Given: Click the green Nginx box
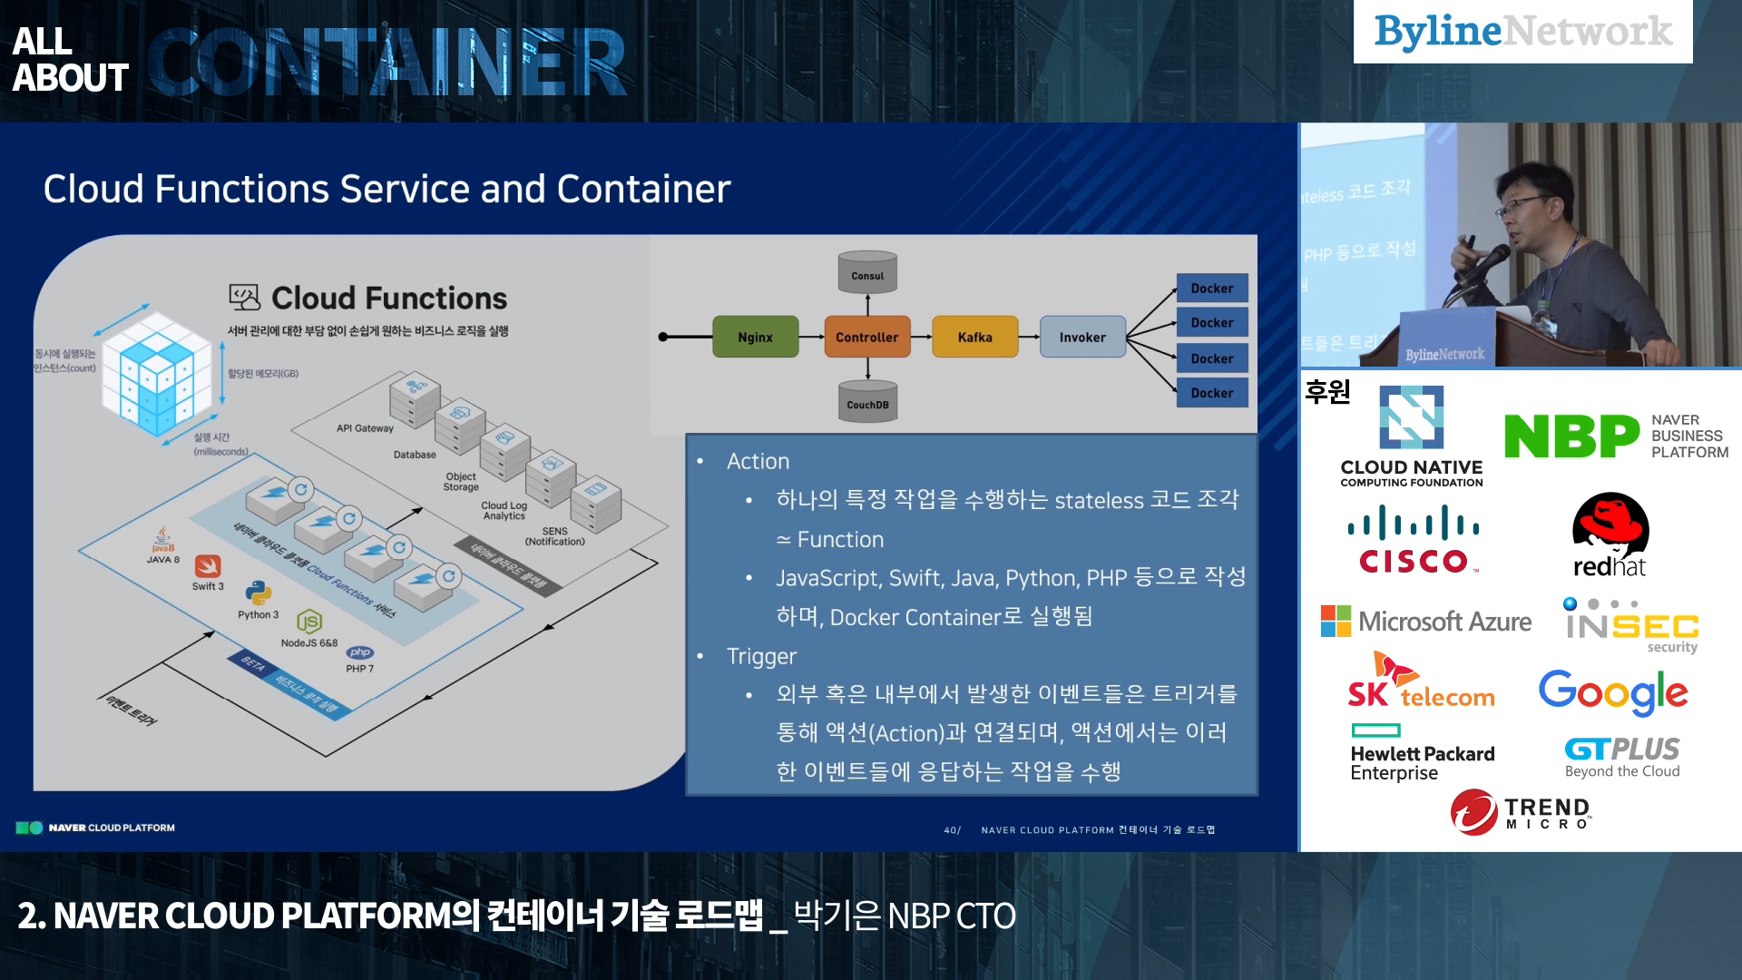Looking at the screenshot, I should [755, 337].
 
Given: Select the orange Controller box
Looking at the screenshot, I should [866, 337].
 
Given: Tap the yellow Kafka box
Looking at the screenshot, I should [974, 337].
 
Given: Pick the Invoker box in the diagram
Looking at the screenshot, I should [1082, 337].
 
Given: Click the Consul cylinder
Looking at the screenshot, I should [867, 273].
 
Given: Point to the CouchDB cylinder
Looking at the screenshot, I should [867, 402].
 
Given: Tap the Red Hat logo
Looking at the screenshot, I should [1610, 535].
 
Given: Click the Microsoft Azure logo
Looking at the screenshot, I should [1425, 622].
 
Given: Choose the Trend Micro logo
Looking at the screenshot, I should [1521, 811].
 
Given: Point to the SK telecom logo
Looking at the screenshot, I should [1420, 682].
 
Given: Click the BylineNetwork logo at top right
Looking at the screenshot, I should [1522, 32].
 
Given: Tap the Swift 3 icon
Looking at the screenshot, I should [208, 567].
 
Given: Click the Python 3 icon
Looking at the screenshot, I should [259, 593].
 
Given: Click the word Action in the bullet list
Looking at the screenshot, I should [758, 461].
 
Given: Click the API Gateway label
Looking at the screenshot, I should [365, 428].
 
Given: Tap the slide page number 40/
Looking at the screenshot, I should [952, 830].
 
